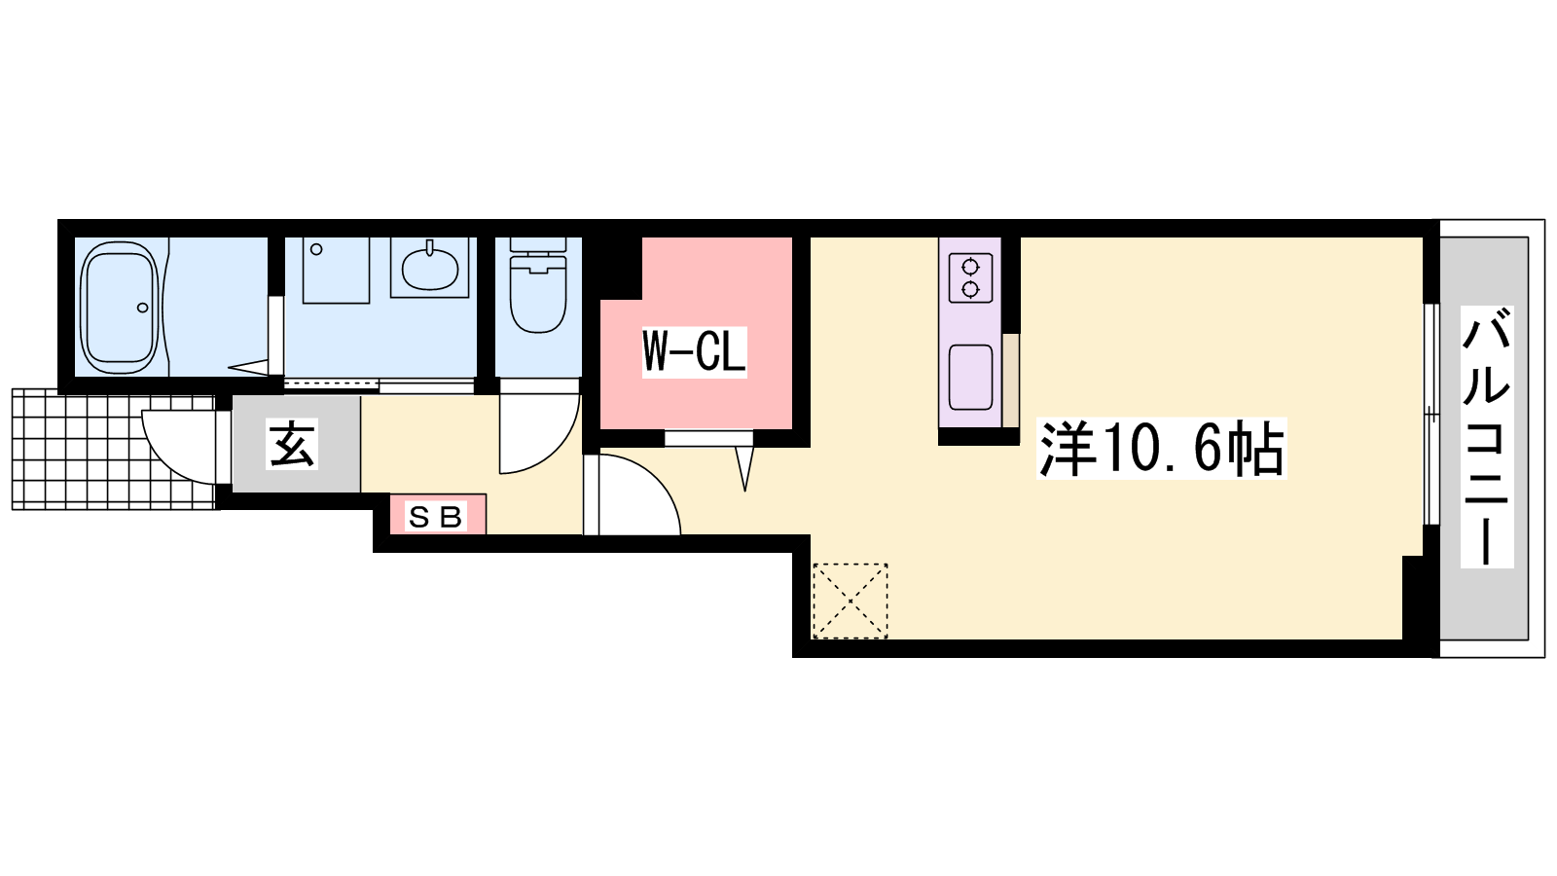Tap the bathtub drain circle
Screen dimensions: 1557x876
click(143, 308)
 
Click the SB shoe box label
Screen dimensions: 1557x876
click(436, 517)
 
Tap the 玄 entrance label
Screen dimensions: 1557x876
click(292, 444)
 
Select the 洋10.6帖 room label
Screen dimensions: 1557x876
click(1161, 449)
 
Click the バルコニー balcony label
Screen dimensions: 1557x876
click(1487, 437)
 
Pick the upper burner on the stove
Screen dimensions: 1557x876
click(970, 267)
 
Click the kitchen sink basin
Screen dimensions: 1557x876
click(970, 377)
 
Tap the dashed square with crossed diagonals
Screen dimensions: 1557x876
click(851, 601)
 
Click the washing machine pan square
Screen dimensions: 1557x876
click(336, 271)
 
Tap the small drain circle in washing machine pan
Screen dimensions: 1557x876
click(316, 249)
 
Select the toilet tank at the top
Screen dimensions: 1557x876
click(539, 244)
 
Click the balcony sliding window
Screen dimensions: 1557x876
click(1430, 415)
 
